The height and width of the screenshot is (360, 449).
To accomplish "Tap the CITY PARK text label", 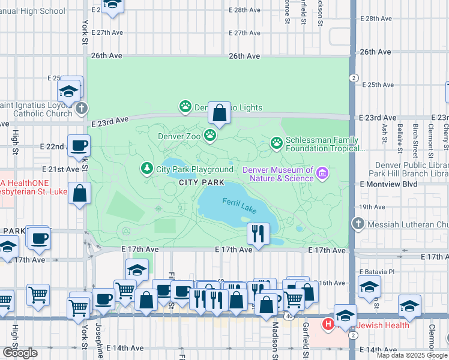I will pos(202,182).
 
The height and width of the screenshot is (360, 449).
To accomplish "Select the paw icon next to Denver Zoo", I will pos(210,136).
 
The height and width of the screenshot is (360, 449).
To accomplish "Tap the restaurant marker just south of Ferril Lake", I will pos(259,233).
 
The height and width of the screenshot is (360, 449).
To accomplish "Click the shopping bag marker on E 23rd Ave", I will pos(220,113).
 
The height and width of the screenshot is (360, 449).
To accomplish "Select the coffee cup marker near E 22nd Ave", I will pos(79,146).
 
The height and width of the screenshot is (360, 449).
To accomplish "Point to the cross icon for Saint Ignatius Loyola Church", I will pos(82,109).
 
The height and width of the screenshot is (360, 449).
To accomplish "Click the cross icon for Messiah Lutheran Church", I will pos(358,224).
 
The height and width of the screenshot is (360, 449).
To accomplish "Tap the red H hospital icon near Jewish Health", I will pos(328,325).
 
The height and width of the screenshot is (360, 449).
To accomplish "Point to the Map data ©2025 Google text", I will pos(412,355).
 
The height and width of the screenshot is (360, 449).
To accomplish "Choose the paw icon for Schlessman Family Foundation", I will pos(276,142).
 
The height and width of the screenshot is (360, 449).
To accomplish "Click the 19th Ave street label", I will pos(372,206).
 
